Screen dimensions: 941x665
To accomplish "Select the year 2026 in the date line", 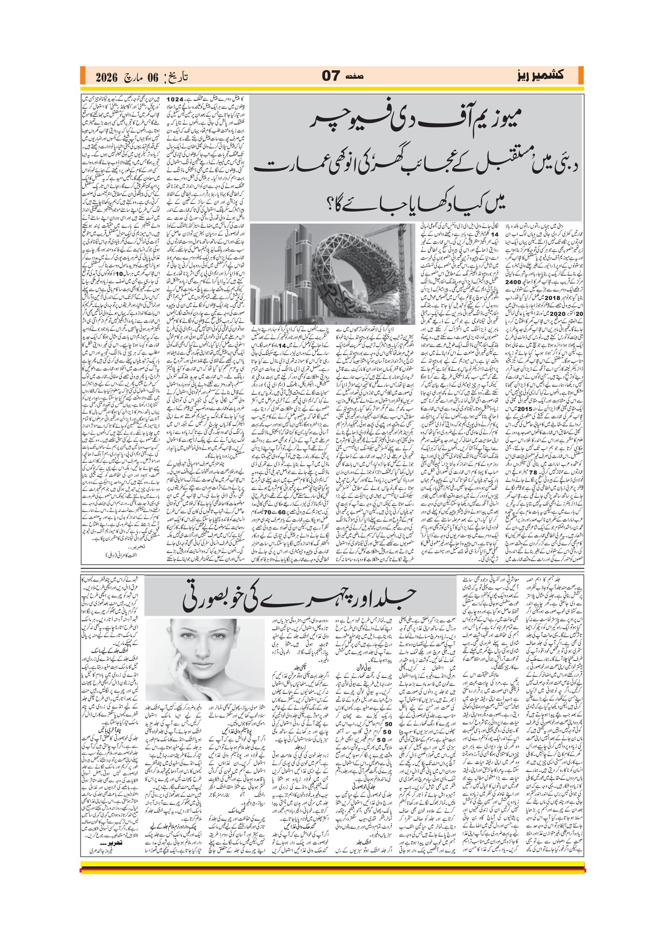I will pyautogui.click(x=107, y=77).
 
